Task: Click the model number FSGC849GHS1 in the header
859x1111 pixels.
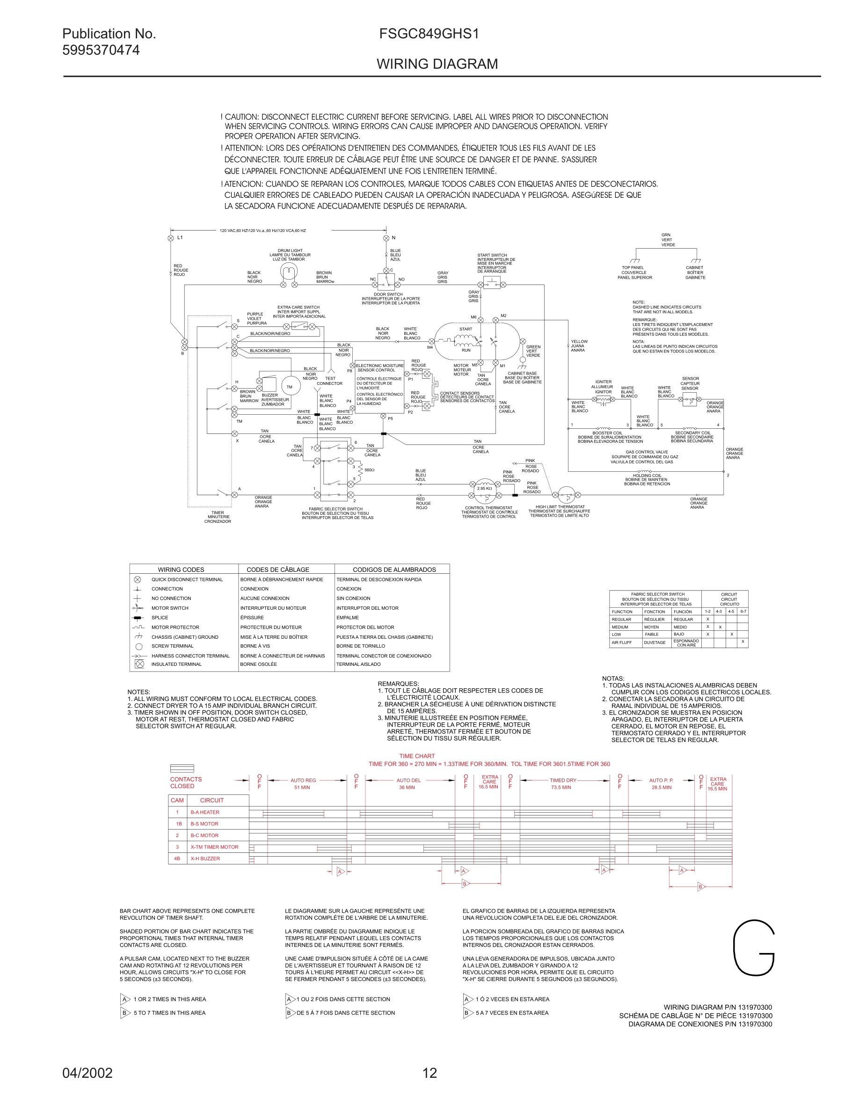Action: (x=429, y=34)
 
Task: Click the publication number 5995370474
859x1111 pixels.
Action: (x=101, y=50)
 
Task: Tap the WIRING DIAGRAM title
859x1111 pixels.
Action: (x=437, y=64)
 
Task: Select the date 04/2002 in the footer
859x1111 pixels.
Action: (x=87, y=1073)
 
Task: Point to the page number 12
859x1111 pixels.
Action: (x=429, y=1073)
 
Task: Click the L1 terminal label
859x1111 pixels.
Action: (x=180, y=238)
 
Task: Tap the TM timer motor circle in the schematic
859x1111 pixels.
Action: (x=290, y=387)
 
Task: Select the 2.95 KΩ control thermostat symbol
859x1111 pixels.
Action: (x=484, y=489)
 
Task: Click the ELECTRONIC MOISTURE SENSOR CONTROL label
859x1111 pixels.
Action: (x=379, y=368)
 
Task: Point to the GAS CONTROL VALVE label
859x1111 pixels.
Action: (x=646, y=452)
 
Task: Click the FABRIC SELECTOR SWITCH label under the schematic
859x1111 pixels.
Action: (x=335, y=509)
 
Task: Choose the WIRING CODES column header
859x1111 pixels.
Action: (x=181, y=569)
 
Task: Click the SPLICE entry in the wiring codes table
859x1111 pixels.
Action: (x=160, y=618)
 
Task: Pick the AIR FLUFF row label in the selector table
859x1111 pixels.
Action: (x=621, y=642)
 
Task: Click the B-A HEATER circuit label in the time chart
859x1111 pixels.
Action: (x=204, y=812)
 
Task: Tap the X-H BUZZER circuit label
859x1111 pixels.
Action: (x=205, y=858)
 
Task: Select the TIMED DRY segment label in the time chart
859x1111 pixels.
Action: (x=562, y=780)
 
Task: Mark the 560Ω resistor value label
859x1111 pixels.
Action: (x=370, y=470)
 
